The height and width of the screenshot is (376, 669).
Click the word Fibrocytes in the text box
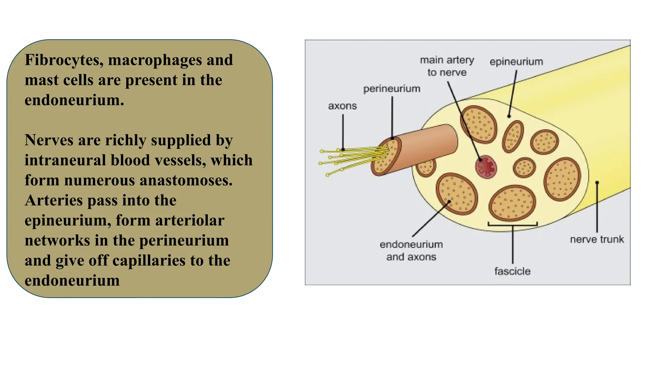[x=64, y=60]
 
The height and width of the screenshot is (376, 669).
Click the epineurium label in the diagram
[x=516, y=62]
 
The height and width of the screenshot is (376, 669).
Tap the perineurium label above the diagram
[x=392, y=89]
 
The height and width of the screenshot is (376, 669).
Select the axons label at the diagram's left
[x=342, y=106]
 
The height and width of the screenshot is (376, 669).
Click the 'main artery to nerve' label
[x=447, y=66]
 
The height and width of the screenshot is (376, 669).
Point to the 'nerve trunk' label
[x=597, y=239]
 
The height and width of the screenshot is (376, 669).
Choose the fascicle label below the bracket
[x=512, y=271]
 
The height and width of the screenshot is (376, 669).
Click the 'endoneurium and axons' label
[x=411, y=250]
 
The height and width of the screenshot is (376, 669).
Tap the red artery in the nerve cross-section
[x=486, y=166]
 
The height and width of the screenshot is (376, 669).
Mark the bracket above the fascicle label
[x=513, y=224]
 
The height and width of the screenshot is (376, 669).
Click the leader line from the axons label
[x=343, y=132]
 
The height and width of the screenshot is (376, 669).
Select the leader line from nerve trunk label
[x=597, y=207]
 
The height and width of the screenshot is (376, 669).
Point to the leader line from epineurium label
[x=513, y=93]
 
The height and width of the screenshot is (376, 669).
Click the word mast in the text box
[x=41, y=80]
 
